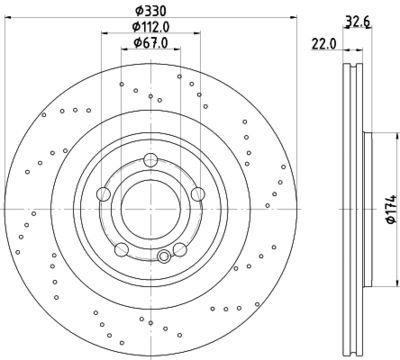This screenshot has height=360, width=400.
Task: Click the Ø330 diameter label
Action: coord(150,11)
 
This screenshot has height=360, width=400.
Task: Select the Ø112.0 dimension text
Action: coord(151,27)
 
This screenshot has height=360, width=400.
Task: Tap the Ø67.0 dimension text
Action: coord(151,43)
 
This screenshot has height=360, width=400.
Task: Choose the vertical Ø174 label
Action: coord(392,209)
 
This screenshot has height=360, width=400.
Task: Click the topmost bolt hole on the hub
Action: coord(151,160)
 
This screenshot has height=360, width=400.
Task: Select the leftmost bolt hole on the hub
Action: coord(103,194)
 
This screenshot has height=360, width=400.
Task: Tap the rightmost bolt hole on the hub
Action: coord(198,194)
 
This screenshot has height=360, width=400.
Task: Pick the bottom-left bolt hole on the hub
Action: coord(121,250)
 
